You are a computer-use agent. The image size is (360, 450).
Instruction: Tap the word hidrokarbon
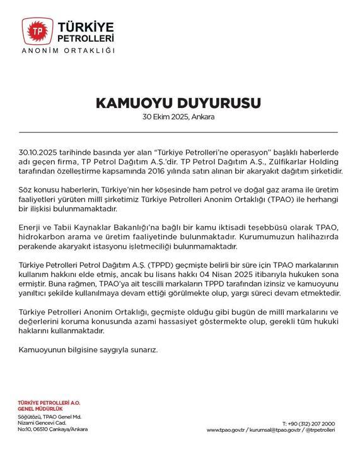coord(42,237)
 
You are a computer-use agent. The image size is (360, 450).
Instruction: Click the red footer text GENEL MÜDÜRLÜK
coord(37,408)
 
